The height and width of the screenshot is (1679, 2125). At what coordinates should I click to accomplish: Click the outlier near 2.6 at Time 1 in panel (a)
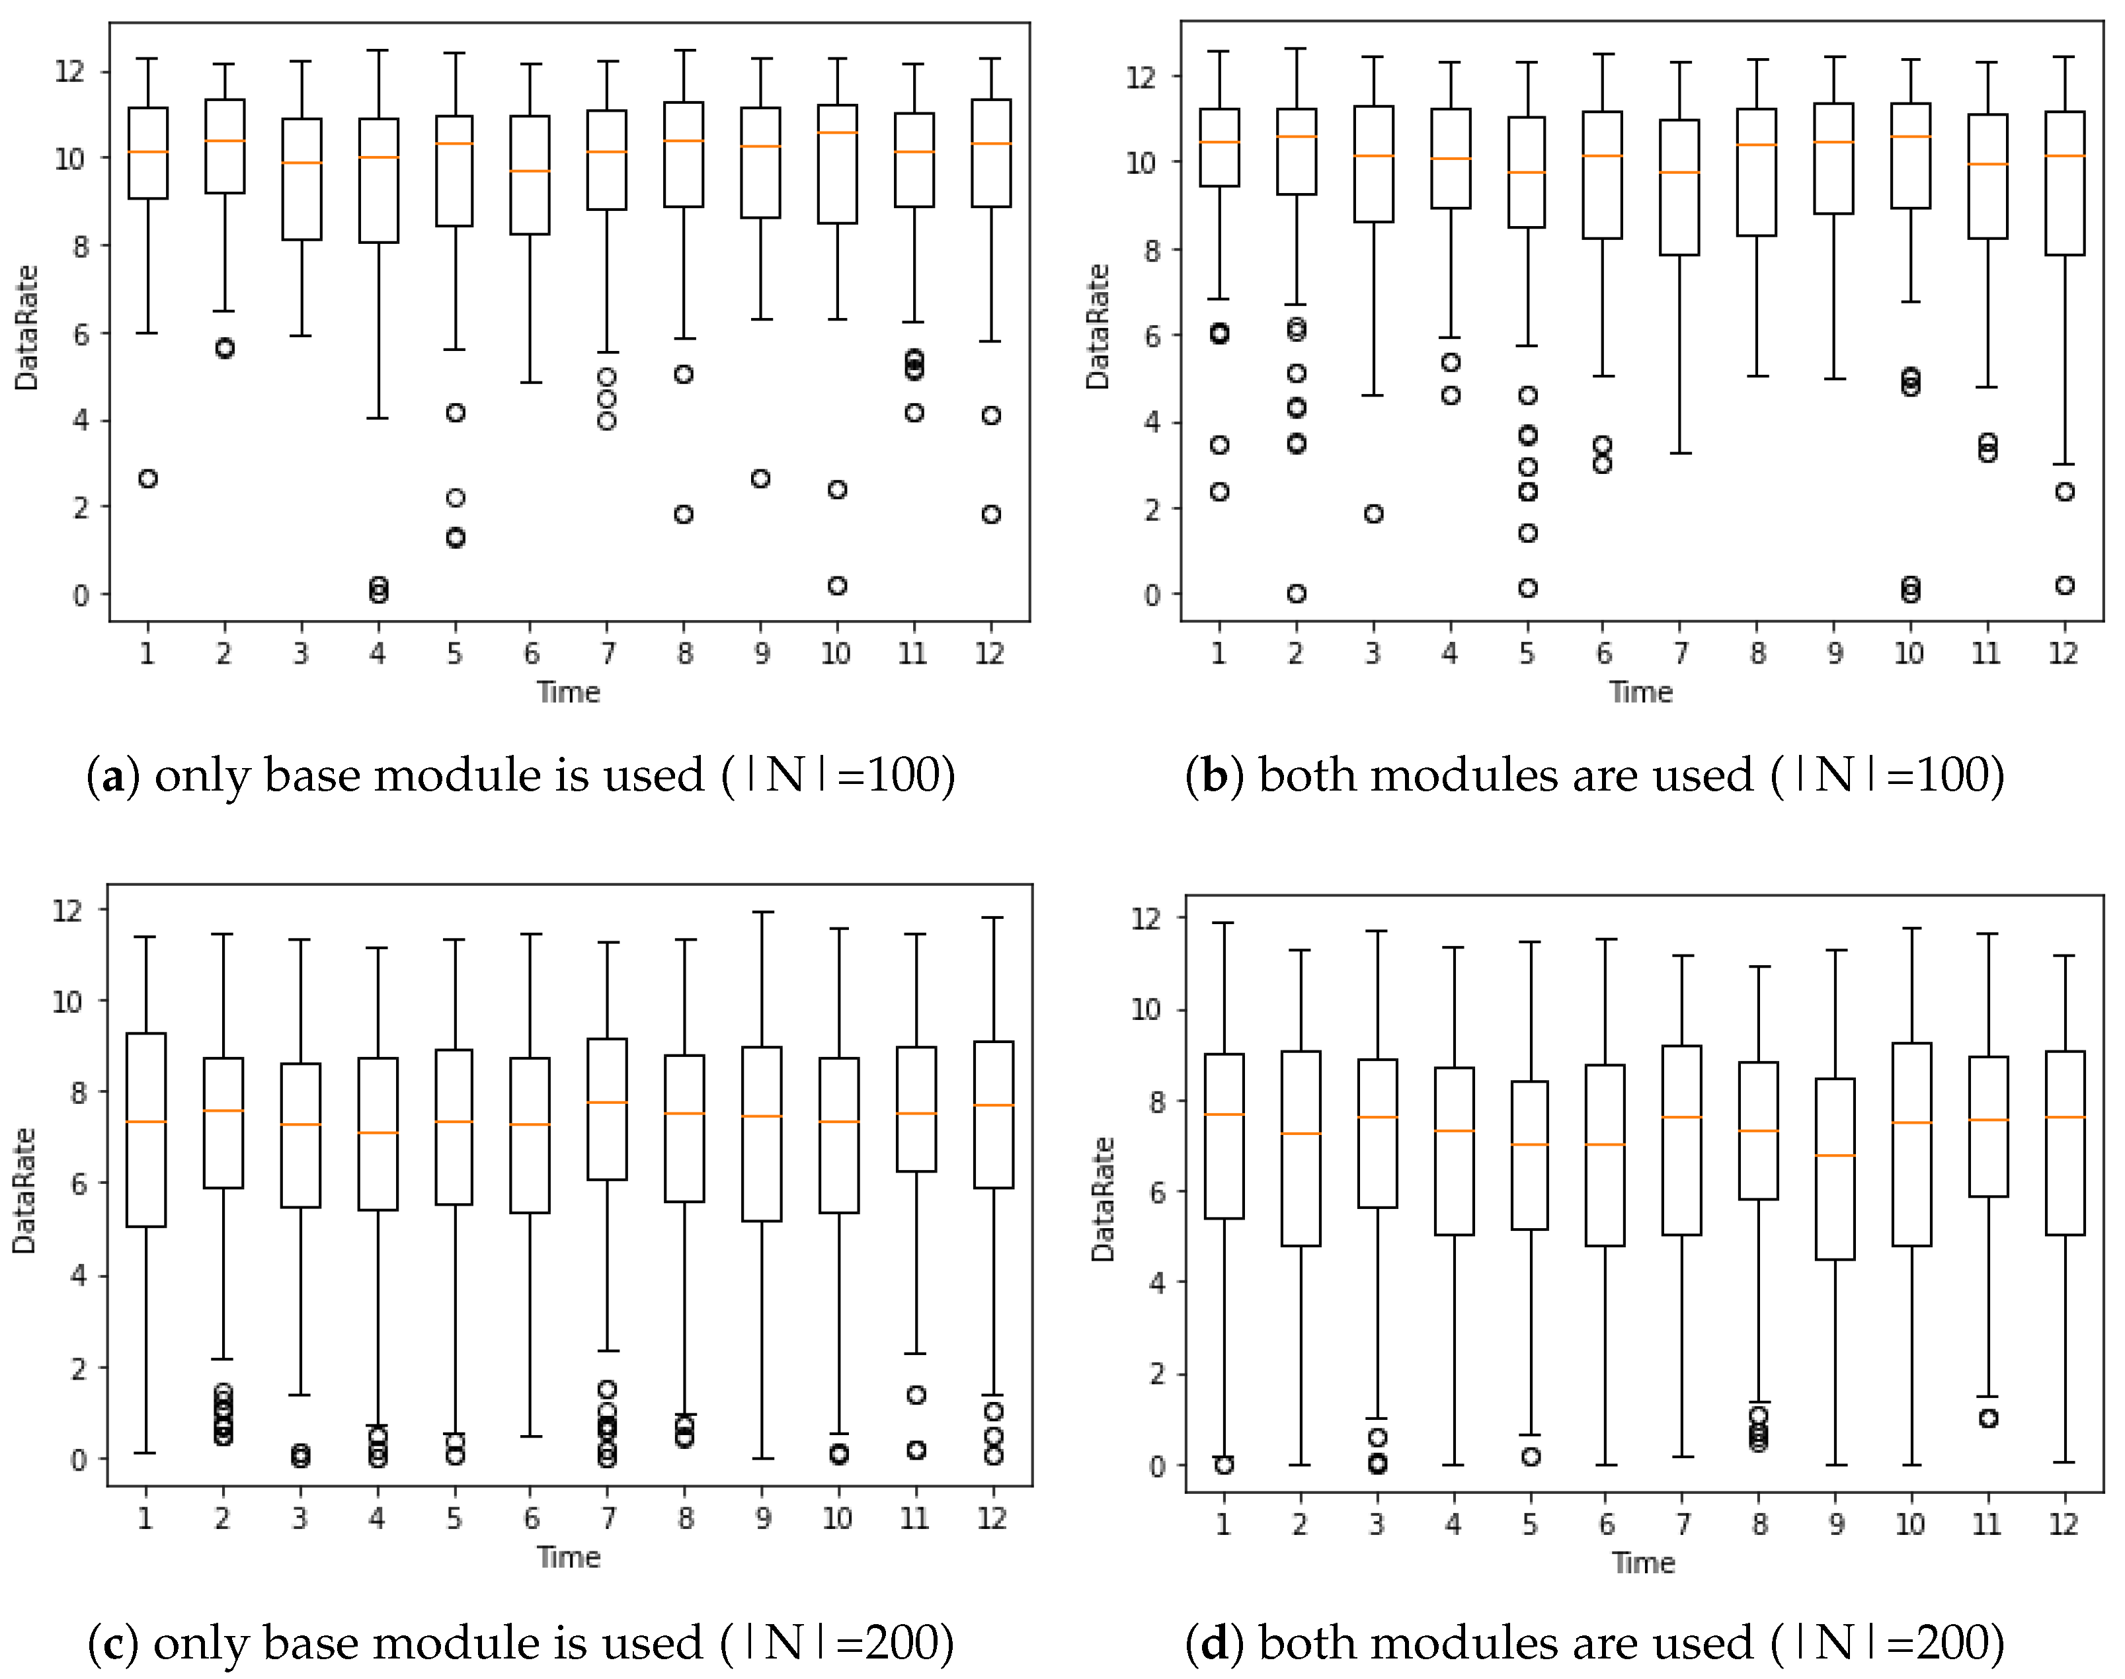(147, 479)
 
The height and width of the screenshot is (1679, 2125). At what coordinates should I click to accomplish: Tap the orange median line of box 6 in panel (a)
(530, 171)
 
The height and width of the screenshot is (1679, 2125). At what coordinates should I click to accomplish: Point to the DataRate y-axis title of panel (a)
(26, 327)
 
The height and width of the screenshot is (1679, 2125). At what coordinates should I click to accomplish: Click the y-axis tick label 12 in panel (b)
(1142, 76)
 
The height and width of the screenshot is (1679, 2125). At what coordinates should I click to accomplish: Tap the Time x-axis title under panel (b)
(1640, 692)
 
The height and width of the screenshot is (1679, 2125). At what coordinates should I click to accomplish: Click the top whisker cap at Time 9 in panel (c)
(762, 912)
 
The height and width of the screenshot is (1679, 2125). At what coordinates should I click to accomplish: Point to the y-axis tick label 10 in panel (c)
(68, 1001)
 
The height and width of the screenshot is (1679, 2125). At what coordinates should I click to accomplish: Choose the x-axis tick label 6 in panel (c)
(531, 1519)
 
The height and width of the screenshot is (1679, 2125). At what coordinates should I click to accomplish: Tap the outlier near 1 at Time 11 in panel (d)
(1988, 1419)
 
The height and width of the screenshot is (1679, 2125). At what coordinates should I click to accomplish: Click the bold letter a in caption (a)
(113, 775)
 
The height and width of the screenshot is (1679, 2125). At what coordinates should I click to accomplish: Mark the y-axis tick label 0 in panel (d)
(1158, 1465)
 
